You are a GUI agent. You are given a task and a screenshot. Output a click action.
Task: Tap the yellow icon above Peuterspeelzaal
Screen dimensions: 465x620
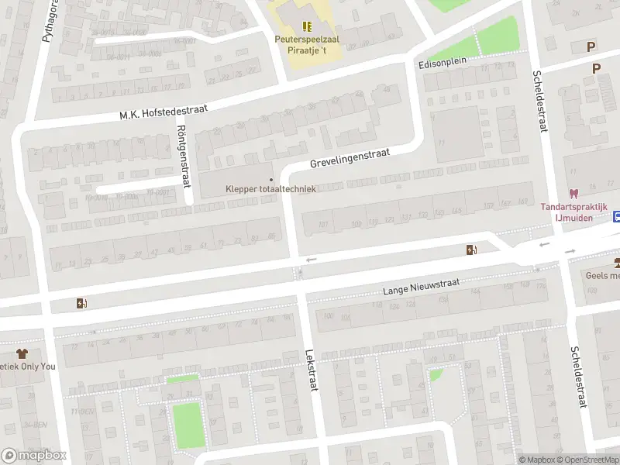[x=306, y=25]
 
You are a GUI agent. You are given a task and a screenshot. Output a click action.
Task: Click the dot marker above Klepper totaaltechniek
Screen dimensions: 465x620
[x=270, y=180]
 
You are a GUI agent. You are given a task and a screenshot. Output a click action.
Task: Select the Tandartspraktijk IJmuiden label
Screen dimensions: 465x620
[x=573, y=212]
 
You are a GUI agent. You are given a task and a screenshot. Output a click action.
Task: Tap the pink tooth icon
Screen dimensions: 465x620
[x=573, y=194]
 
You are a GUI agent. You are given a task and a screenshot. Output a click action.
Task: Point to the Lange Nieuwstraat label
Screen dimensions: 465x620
[x=422, y=289]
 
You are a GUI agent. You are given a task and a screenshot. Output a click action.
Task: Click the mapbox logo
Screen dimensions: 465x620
[x=34, y=456]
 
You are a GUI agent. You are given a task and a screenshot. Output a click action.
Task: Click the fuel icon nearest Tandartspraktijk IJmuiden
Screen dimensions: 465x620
[x=470, y=250]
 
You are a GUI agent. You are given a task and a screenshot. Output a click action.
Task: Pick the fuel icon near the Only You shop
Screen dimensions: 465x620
[x=81, y=303]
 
